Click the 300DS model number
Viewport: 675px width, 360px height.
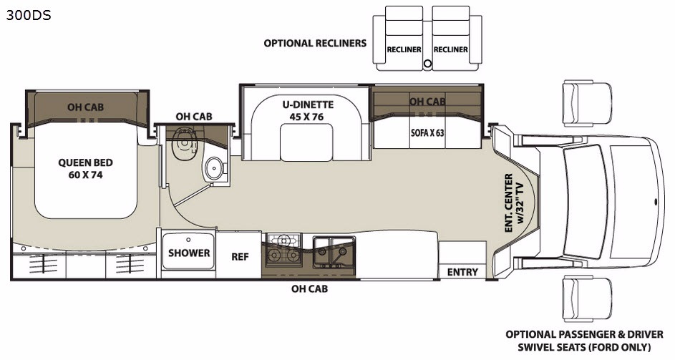(29, 16)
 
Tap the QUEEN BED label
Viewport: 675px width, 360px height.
(85, 162)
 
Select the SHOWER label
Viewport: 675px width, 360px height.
(189, 253)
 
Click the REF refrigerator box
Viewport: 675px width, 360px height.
(239, 256)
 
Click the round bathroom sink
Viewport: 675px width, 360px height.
(213, 168)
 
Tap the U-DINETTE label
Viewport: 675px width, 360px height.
(309, 104)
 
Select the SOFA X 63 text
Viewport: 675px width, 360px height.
(427, 132)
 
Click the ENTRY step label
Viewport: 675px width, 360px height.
(462, 272)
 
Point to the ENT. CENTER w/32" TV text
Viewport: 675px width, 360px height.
(515, 203)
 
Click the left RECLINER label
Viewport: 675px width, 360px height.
(404, 49)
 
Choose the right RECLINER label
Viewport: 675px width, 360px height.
(451, 49)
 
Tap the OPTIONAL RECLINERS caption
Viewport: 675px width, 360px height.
(315, 43)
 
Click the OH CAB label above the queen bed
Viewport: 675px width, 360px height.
(85, 107)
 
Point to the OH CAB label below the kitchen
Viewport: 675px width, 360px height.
(309, 288)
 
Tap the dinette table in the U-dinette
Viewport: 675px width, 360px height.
(306, 142)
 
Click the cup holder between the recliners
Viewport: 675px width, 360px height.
(427, 64)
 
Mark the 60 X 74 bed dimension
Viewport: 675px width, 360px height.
(85, 175)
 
